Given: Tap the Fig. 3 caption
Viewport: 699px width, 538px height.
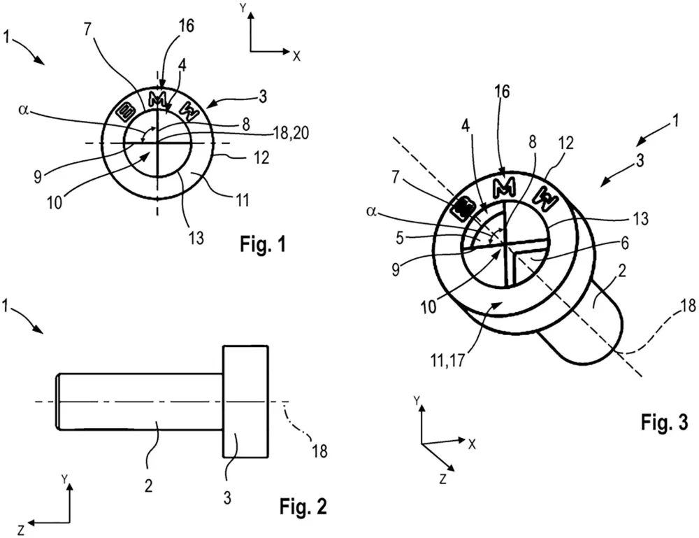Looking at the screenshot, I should (x=665, y=422).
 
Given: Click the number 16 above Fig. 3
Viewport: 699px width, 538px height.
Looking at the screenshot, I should (x=503, y=92).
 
